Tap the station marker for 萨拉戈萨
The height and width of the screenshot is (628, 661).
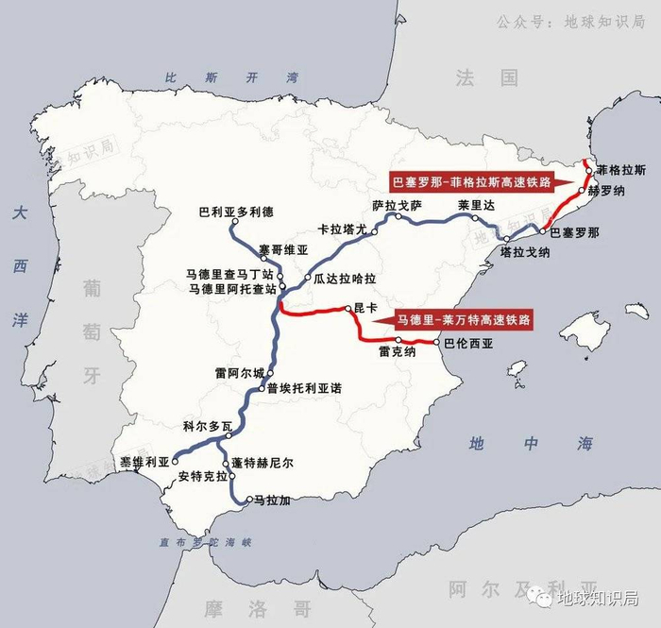coord(398,216)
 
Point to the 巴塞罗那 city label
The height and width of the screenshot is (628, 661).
coord(574,230)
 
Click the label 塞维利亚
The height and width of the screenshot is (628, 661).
coord(144,461)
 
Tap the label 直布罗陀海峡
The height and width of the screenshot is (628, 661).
coord(207,542)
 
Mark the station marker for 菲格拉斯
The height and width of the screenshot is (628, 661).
coord(587,172)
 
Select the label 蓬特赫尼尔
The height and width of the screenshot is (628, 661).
coord(262,463)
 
